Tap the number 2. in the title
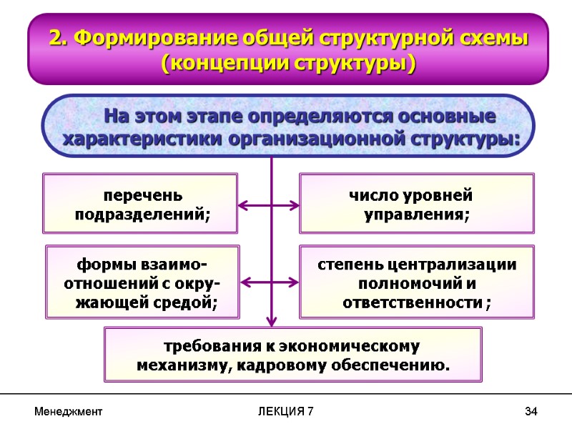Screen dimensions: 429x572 click(x=56, y=38)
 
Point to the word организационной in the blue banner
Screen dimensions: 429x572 click(x=317, y=138)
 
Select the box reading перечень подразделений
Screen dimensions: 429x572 click(x=141, y=203)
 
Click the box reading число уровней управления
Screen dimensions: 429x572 click(x=416, y=203)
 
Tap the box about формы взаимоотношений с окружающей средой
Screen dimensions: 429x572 click(x=142, y=282)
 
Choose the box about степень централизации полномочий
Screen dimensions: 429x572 click(x=416, y=282)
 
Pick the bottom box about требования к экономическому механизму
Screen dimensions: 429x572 click(x=293, y=355)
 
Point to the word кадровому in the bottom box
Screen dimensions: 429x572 click(x=303, y=365)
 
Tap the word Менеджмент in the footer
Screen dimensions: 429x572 click(x=69, y=412)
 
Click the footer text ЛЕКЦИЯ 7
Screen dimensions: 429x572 click(x=285, y=412)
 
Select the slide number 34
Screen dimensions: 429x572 click(x=531, y=412)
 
